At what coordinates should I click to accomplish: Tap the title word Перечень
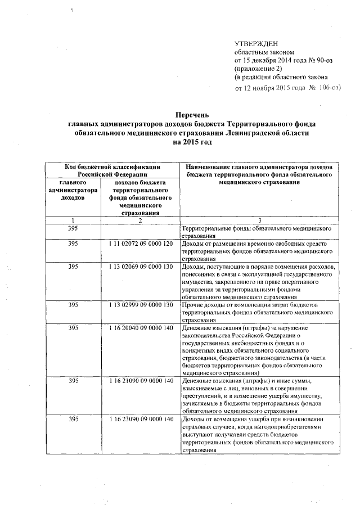(192, 115)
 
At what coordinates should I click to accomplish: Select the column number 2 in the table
(139, 220)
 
